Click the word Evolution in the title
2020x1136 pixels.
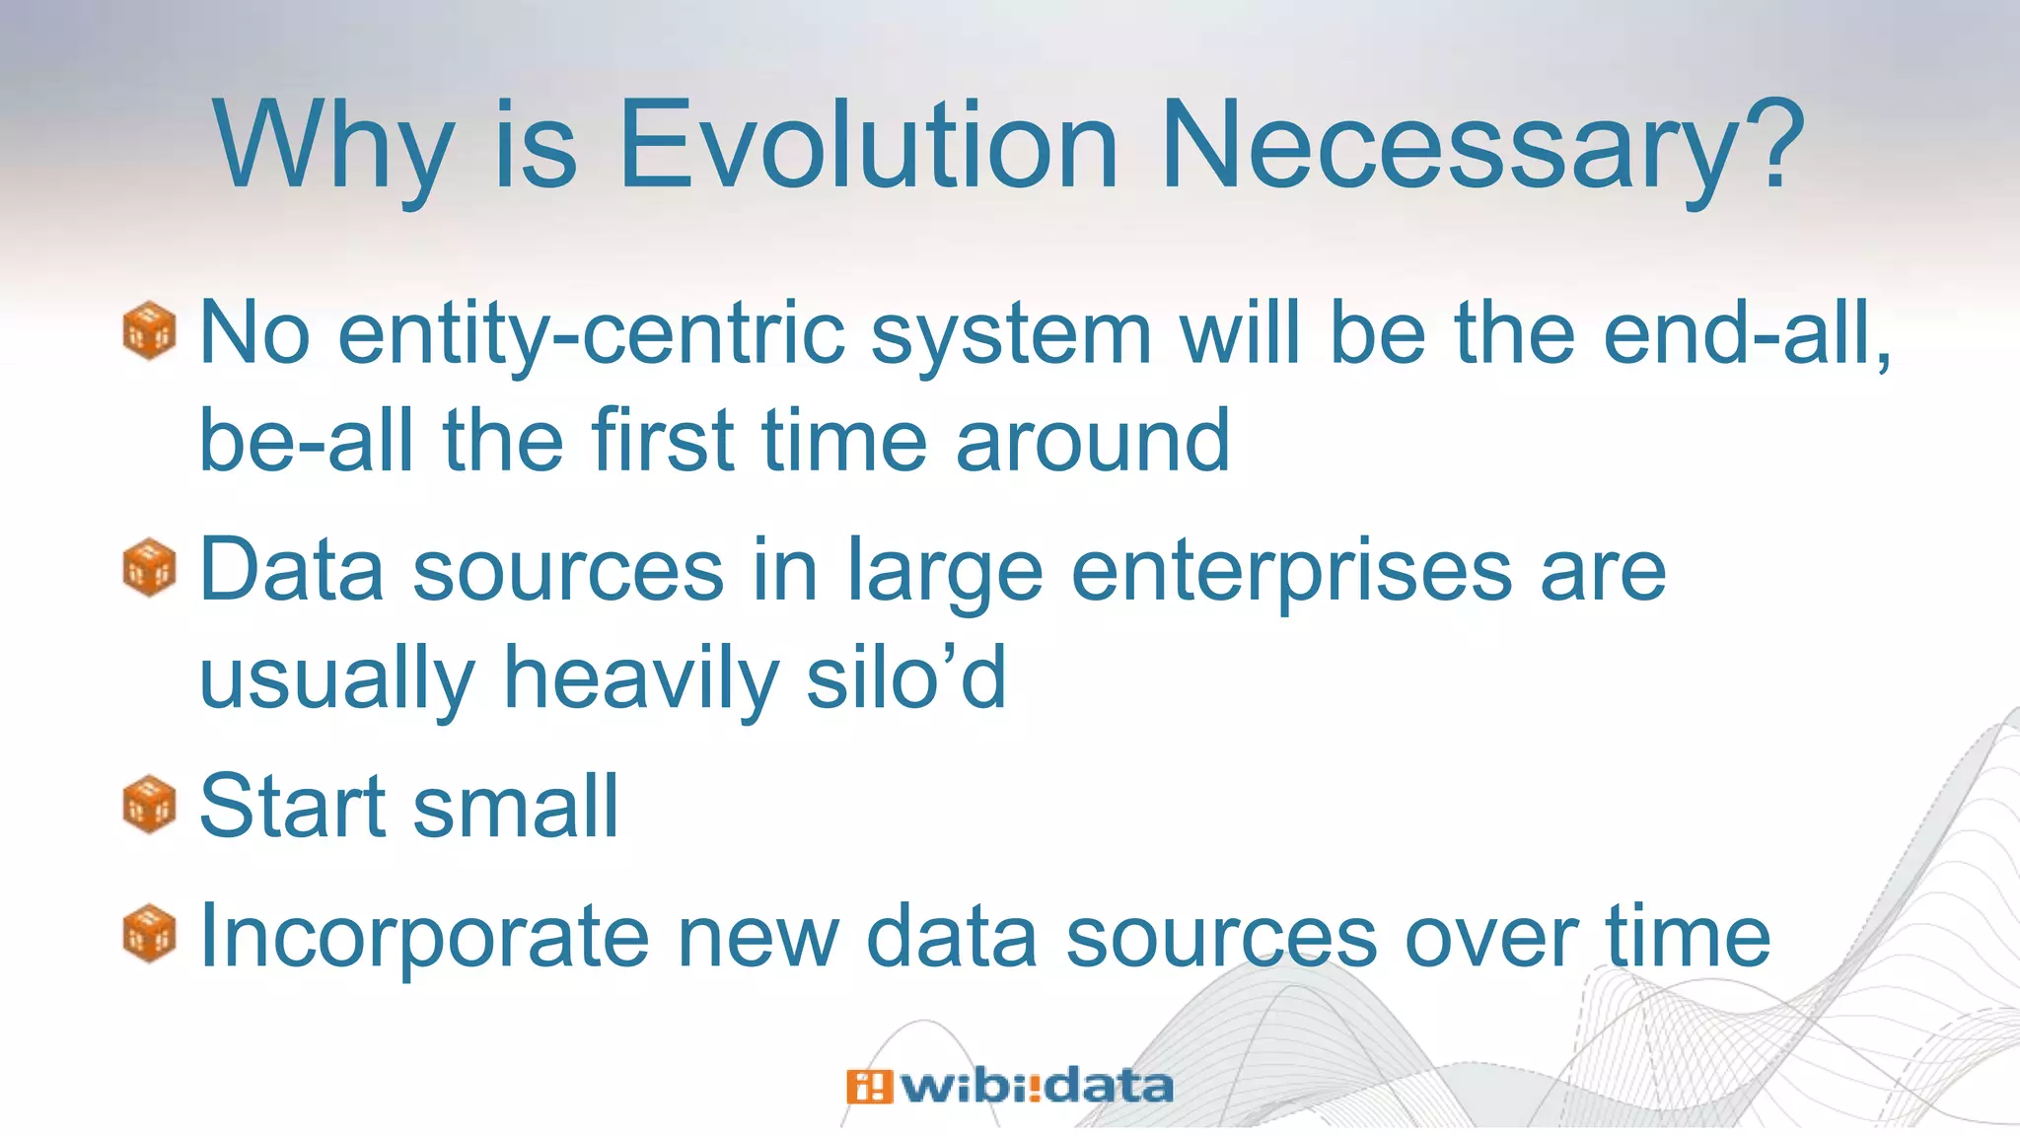click(x=868, y=145)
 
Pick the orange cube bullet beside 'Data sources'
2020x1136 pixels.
click(x=149, y=567)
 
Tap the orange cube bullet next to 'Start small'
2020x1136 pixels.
click(x=149, y=805)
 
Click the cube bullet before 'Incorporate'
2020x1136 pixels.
click(x=149, y=933)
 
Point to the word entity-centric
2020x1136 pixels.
click(x=592, y=335)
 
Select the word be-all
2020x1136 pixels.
click(x=305, y=441)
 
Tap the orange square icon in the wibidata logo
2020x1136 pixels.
click(x=868, y=1087)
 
